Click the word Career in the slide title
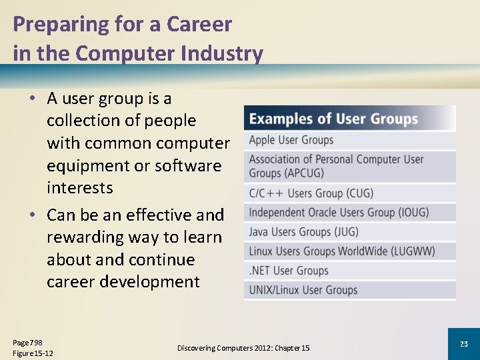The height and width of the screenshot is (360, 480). click(x=199, y=25)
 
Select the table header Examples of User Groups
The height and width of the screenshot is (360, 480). click(x=333, y=119)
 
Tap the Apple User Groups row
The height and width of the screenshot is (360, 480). click(x=291, y=140)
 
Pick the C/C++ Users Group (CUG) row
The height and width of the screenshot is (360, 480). click(x=311, y=193)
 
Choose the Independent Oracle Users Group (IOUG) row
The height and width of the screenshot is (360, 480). click(x=339, y=213)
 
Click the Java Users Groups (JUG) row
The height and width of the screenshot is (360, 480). click(x=303, y=232)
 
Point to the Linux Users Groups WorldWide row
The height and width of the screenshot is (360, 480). click(x=342, y=251)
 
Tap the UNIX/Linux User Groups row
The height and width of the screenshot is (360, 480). click(x=303, y=290)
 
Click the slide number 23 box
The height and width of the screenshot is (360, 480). click(x=463, y=343)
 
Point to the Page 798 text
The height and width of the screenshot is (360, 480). click(x=27, y=342)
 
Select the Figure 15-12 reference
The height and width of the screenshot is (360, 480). click(x=33, y=353)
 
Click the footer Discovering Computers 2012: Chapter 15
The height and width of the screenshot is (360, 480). click(x=243, y=348)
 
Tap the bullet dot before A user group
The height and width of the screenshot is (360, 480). click(x=32, y=99)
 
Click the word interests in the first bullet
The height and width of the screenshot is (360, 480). click(x=79, y=188)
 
